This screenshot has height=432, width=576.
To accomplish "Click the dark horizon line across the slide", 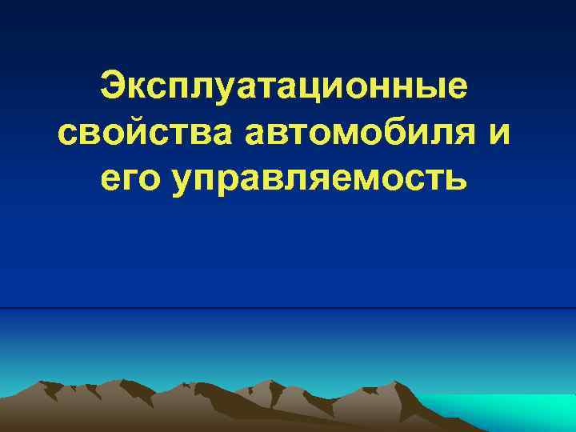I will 288,308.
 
